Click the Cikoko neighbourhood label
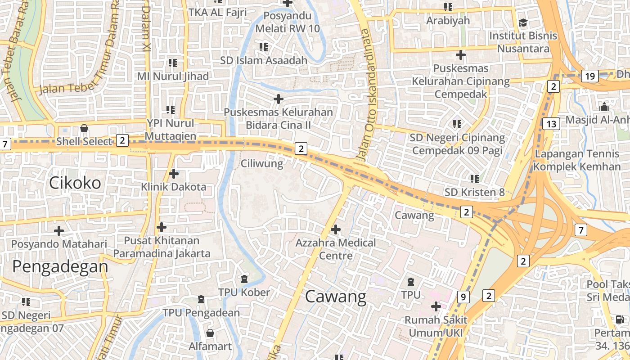coord(75,183)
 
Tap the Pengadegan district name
coord(60,266)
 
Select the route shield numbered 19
coord(589,76)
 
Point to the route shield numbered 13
coord(551,124)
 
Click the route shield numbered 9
coord(463,297)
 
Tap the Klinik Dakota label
coord(173,187)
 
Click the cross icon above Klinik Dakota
coord(173,173)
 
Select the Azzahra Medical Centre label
coord(335,249)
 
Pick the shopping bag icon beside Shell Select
coord(84,129)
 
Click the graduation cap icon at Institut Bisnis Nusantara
coord(523,22)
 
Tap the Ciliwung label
coord(262,163)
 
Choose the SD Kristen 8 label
coord(474,192)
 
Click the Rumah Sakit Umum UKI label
coord(436,326)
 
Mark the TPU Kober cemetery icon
coord(244,279)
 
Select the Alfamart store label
coord(210,346)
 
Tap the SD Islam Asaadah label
coord(264,60)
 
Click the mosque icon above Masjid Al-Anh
coord(604,107)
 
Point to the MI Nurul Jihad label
coord(173,76)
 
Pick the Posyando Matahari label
coord(59,244)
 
